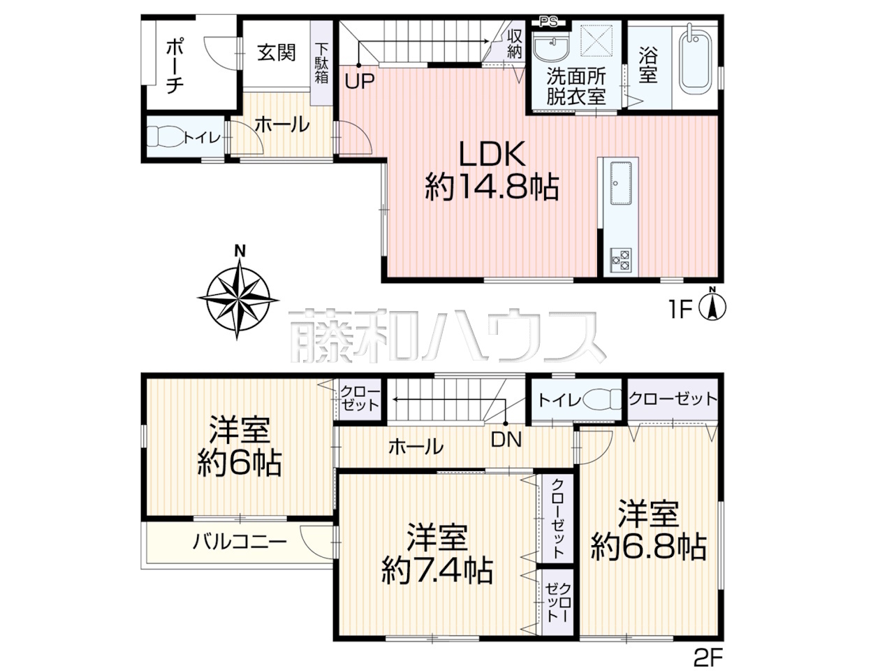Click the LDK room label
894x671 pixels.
492,154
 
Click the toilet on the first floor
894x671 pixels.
164,136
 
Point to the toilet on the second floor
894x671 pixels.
602,399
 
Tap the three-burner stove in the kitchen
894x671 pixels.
620,260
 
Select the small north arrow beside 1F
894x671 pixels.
712,303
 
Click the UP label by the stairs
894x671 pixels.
360,82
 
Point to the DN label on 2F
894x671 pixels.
506,440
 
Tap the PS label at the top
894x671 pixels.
548,22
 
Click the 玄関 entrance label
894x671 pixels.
277,52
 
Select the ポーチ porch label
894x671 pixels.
174,66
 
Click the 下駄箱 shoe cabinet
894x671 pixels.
322,63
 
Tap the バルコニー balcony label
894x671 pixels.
240,542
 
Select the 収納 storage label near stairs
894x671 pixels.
515,45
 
